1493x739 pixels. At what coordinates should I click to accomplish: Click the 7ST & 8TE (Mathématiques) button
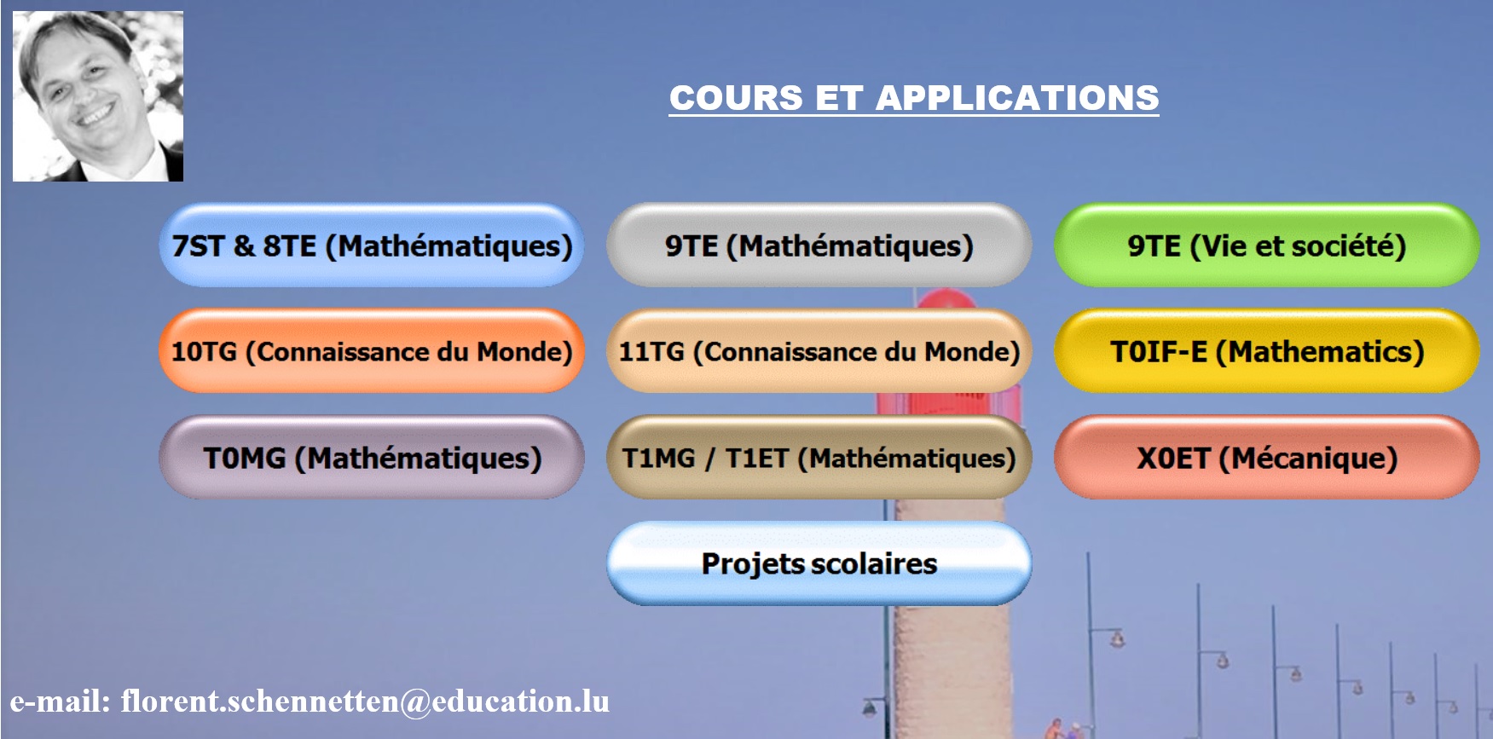[372, 245]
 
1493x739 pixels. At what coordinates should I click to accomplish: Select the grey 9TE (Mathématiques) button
[819, 245]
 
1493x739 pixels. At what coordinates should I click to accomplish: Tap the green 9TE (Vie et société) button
[1266, 245]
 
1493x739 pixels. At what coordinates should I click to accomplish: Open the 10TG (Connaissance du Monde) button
[372, 351]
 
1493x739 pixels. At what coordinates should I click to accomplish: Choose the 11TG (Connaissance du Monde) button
[819, 351]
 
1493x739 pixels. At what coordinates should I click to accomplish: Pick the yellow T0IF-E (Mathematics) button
[1266, 351]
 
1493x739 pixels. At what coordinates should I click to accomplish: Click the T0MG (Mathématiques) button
[372, 458]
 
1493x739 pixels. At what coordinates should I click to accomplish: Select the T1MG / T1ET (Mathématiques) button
[819, 458]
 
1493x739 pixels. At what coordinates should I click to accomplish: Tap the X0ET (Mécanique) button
[1266, 458]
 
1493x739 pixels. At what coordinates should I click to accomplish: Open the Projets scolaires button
[819, 563]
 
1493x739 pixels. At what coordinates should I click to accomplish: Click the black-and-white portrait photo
[98, 96]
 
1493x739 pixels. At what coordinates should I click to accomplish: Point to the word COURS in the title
[736, 98]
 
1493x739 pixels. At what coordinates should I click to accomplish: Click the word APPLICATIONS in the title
[1017, 98]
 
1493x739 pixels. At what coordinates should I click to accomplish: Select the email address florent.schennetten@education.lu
[365, 701]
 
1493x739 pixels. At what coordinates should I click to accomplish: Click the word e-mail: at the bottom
[61, 701]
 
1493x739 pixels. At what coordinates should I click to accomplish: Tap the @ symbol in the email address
[415, 702]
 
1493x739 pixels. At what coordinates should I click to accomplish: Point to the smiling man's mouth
[95, 114]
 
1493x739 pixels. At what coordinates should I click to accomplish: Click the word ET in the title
[839, 98]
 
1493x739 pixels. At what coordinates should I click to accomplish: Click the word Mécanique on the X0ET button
[1308, 458]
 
